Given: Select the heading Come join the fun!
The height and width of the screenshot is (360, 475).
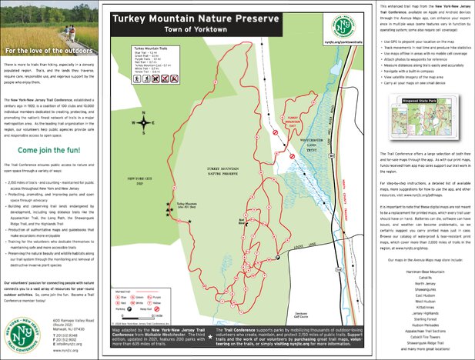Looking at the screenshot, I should (49, 150).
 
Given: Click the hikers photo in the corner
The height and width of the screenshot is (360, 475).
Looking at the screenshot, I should (47, 22).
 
